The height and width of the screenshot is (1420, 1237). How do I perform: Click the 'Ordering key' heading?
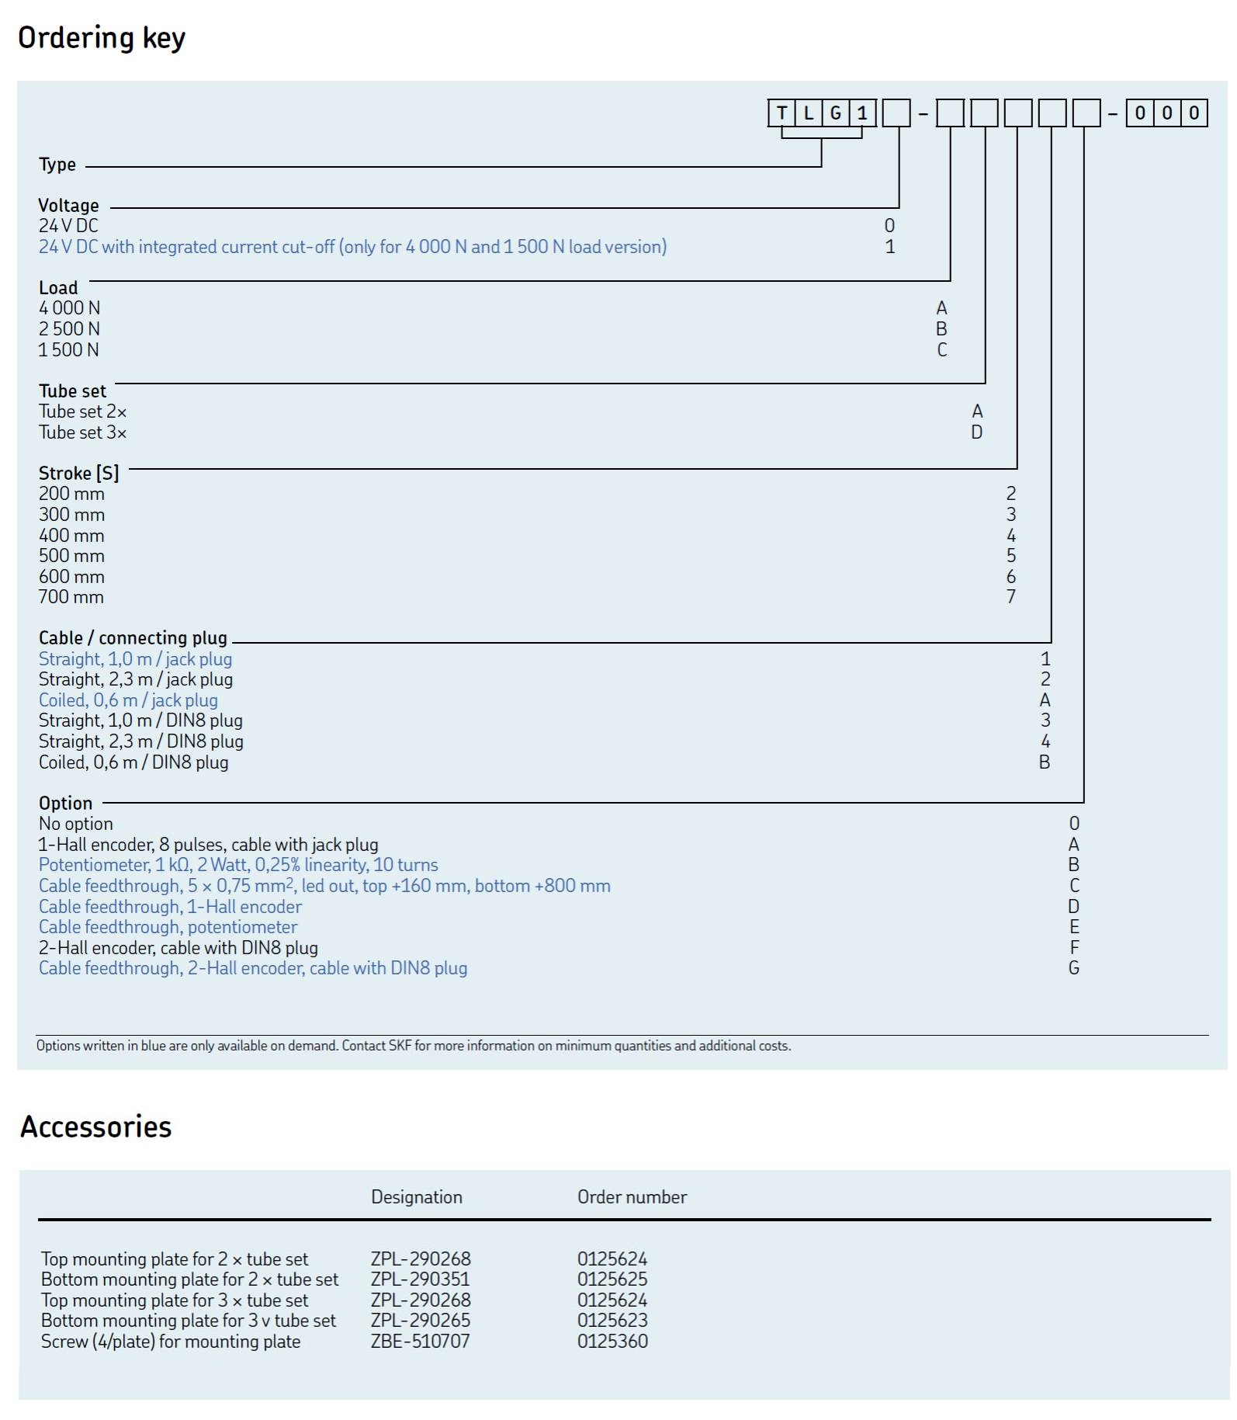[102, 38]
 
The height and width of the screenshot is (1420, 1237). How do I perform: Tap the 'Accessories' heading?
[95, 1127]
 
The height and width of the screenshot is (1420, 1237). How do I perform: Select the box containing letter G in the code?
[835, 113]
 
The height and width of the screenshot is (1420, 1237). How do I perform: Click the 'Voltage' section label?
[69, 206]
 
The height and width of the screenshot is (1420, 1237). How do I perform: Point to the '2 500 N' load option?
[69, 329]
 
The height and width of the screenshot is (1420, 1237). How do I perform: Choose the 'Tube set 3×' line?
[82, 432]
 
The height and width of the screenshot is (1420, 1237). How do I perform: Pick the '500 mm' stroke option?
[71, 556]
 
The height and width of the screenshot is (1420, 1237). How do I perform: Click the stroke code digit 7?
[1010, 597]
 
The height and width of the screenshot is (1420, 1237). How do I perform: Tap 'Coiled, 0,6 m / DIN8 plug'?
[133, 762]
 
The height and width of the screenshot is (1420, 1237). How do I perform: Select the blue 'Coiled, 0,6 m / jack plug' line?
[128, 700]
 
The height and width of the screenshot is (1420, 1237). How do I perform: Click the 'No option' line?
[76, 824]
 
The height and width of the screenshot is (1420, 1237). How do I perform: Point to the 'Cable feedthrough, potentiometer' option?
[168, 927]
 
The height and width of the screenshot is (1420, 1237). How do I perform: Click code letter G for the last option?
[1073, 968]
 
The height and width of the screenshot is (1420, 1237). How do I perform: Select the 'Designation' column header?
[416, 1197]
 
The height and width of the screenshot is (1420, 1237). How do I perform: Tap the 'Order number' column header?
[632, 1197]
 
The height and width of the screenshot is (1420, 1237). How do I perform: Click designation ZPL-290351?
[420, 1279]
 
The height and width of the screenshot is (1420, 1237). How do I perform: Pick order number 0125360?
[612, 1342]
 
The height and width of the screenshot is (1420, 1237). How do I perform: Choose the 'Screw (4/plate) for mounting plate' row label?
[170, 1342]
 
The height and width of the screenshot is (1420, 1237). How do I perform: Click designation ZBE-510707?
[420, 1342]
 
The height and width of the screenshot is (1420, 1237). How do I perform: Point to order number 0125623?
[612, 1321]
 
